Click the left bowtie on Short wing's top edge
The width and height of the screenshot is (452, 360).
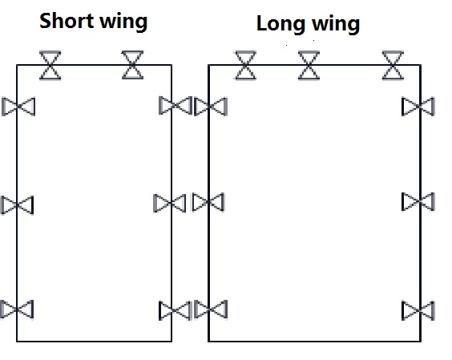[50, 65]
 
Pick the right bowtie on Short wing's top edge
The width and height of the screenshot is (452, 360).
[132, 65]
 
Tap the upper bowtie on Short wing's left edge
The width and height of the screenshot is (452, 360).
[18, 107]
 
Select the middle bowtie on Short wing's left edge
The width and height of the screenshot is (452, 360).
[18, 205]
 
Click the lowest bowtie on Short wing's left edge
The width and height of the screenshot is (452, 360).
[17, 309]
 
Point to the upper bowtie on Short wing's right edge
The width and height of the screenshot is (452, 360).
[176, 106]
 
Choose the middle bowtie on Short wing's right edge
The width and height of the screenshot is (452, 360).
[170, 204]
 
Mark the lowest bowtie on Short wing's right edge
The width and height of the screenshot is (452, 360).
[176, 310]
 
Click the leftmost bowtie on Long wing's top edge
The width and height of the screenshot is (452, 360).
[245, 65]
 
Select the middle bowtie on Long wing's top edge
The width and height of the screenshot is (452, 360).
[309, 66]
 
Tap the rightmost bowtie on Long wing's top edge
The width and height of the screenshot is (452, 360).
[393, 66]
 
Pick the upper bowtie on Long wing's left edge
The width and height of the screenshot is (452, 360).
[211, 107]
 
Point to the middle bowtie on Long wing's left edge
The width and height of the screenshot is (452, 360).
[208, 202]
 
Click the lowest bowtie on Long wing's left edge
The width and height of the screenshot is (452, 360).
[211, 309]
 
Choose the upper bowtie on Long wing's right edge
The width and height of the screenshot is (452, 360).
[418, 107]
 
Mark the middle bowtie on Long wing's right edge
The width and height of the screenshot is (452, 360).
[418, 201]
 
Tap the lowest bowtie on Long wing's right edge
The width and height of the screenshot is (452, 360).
[418, 310]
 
